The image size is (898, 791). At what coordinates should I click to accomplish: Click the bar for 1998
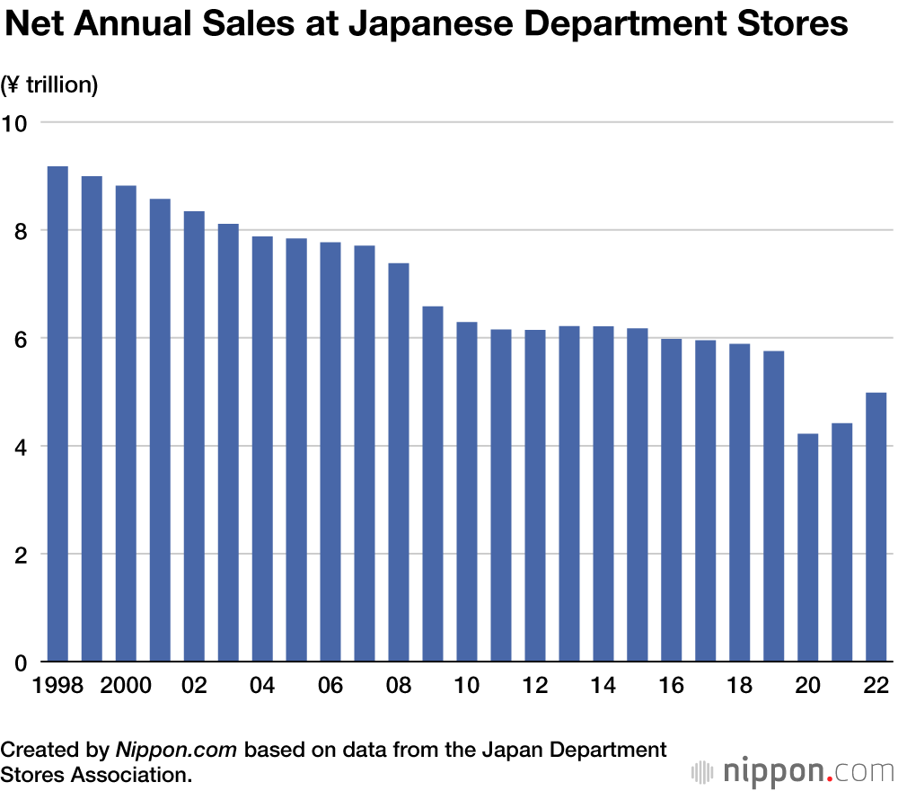pyautogui.click(x=57, y=413)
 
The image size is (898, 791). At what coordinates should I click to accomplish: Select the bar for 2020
pyautogui.click(x=808, y=547)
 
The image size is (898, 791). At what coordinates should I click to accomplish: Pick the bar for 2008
pyautogui.click(x=399, y=462)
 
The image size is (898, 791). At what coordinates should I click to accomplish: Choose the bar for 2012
pyautogui.click(x=535, y=495)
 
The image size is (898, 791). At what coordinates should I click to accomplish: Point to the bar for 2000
pyautogui.click(x=126, y=423)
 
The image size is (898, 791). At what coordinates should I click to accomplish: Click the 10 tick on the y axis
pyautogui.click(x=15, y=123)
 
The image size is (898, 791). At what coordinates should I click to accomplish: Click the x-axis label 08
pyautogui.click(x=399, y=686)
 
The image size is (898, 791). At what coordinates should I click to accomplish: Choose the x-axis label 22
pyautogui.click(x=876, y=686)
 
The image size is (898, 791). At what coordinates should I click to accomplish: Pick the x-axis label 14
pyautogui.click(x=603, y=686)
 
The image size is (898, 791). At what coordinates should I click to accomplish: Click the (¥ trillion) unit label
pyautogui.click(x=50, y=85)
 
